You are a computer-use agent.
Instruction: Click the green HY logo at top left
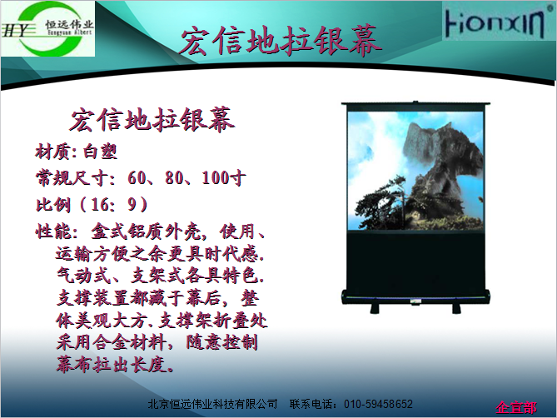[47, 28]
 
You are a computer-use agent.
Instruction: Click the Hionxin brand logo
[496, 22]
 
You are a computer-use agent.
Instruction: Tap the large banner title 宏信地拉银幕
[281, 41]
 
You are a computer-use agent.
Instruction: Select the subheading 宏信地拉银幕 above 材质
[152, 120]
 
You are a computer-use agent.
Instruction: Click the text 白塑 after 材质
[101, 152]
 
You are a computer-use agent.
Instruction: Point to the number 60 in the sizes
[137, 177]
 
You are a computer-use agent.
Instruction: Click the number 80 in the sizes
[174, 177]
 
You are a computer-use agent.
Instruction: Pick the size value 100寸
[224, 177]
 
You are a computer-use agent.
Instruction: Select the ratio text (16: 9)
[114, 205]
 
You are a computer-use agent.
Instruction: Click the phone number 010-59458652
[378, 404]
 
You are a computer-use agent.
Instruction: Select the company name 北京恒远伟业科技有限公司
[212, 404]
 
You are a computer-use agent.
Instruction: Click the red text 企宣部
[516, 407]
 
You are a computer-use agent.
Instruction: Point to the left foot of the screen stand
[375, 308]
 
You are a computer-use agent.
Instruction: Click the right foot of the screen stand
[456, 308]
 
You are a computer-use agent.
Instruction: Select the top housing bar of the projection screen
[415, 104]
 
